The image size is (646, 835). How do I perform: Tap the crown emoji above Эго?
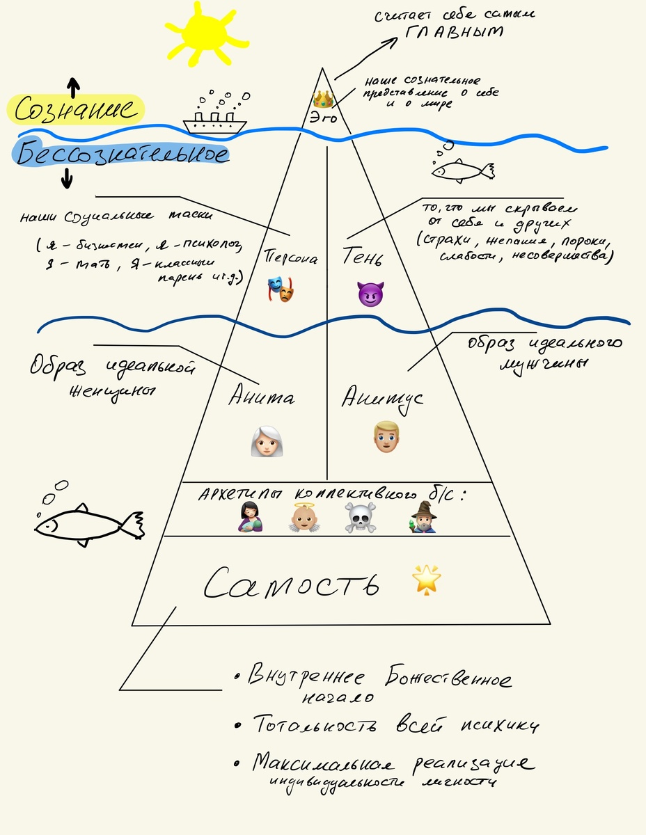324,98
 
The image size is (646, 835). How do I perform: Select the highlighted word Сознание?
75,110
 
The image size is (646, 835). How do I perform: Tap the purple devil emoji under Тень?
370,294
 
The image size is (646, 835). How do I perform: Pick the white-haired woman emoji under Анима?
265,442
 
